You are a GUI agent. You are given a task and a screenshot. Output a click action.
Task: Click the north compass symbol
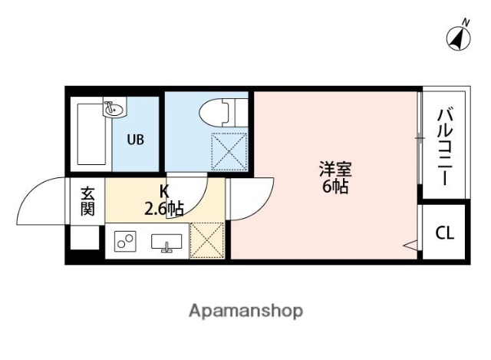[459, 36]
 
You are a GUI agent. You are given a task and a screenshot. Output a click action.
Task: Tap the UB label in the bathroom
[135, 140]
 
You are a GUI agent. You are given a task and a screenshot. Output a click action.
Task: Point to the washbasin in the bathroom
[114, 108]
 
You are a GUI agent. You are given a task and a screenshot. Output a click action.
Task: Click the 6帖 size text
[334, 187]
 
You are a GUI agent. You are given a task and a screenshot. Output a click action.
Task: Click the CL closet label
[444, 233]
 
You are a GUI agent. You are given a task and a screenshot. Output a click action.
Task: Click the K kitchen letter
[163, 191]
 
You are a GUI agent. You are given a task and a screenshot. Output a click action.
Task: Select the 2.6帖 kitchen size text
[163, 207]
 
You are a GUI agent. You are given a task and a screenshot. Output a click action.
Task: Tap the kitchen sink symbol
[166, 243]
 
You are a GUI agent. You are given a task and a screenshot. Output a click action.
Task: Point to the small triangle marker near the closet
[410, 245]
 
